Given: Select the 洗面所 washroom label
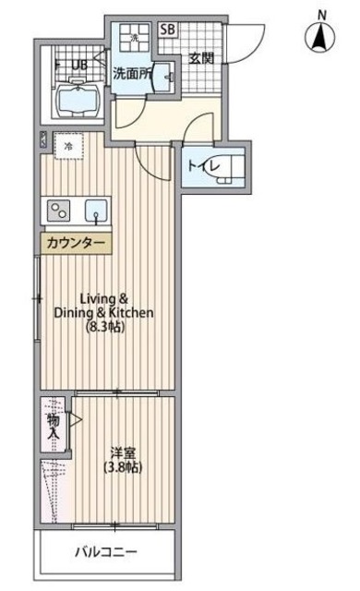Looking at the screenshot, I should tap(131, 73).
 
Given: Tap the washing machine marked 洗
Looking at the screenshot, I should tap(133, 40).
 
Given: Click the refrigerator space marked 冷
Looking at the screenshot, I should tap(69, 145).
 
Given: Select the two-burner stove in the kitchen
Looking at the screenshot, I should tap(60, 210).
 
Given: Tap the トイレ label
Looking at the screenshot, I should tap(200, 166).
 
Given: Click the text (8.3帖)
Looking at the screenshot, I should tap(105, 327).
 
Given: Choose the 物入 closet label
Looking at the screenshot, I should tap(54, 425).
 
